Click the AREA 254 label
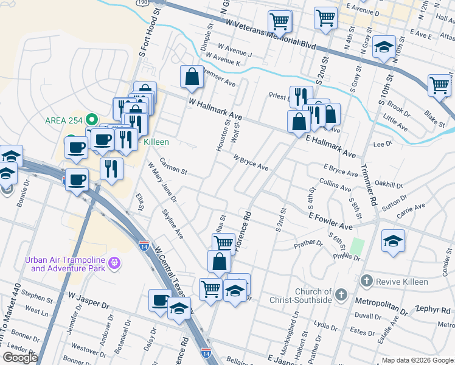64,119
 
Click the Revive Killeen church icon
366,281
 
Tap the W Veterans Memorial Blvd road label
271,35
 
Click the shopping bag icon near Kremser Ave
192,77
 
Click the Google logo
20,358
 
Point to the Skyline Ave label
172,224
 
